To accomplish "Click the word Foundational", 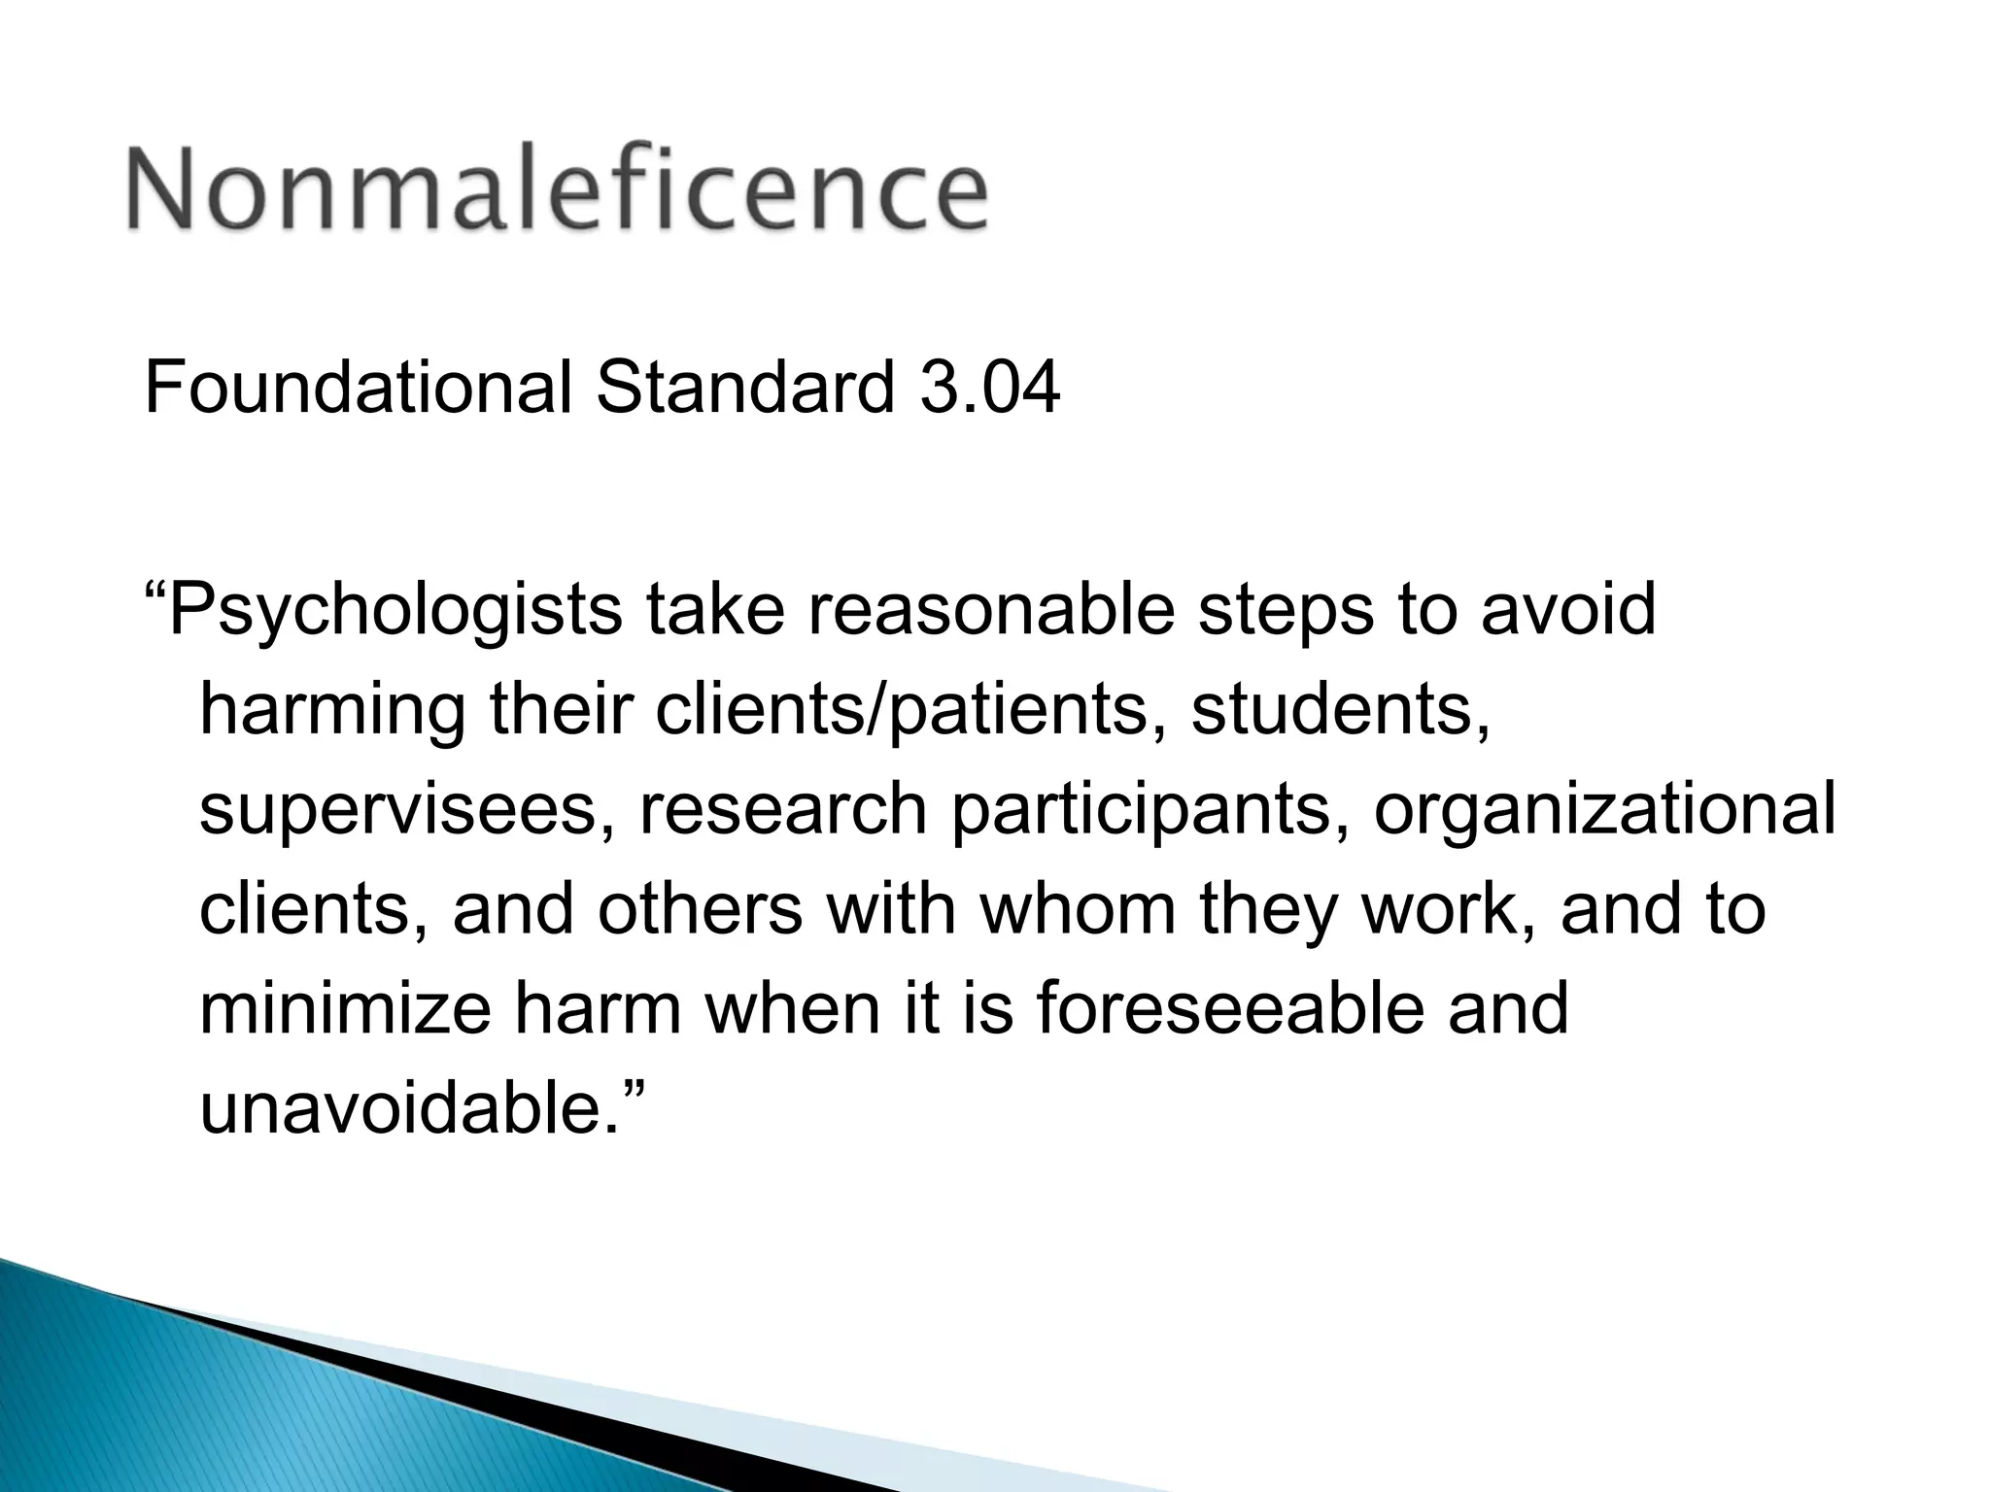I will tap(358, 388).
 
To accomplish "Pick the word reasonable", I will tap(990, 610).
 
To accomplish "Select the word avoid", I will tap(1567, 610).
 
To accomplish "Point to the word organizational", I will tap(1604, 811).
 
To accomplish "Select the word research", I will tap(783, 811).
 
